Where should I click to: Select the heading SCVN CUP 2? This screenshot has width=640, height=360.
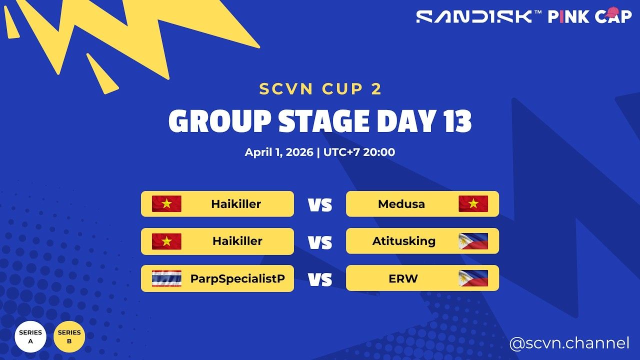(320, 89)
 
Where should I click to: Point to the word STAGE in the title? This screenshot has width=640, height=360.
(322, 121)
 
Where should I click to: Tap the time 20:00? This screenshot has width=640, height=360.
(378, 152)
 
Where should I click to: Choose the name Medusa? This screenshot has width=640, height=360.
(401, 204)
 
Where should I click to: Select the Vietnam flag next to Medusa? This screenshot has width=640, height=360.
(473, 204)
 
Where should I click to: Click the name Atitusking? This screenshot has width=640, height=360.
(404, 241)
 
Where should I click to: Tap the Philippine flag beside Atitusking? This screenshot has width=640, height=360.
(473, 241)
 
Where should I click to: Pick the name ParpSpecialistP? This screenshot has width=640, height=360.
(237, 278)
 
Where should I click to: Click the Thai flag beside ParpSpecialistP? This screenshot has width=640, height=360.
(166, 278)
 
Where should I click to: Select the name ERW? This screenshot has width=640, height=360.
(403, 278)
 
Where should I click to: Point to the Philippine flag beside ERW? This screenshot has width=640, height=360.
(473, 278)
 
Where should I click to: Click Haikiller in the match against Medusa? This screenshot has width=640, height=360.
(236, 204)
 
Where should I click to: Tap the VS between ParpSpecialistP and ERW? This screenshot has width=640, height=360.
(320, 279)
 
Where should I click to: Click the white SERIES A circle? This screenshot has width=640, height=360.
(30, 336)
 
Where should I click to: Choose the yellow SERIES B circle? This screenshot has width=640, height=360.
(69, 336)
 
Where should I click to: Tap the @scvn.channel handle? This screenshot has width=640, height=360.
(569, 343)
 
